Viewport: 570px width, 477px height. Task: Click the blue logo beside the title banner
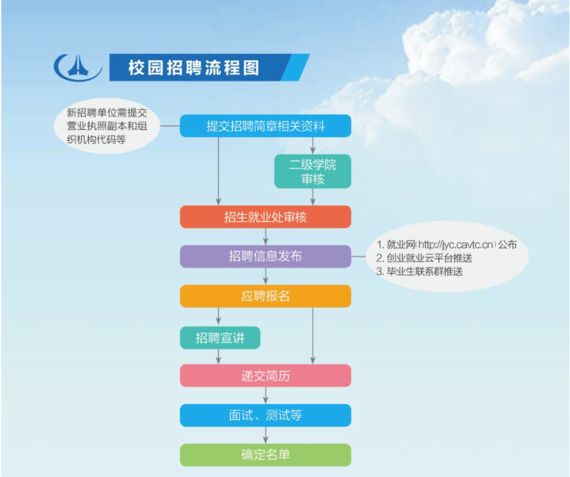coord(78,68)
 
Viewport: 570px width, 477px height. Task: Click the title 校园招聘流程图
coord(193,68)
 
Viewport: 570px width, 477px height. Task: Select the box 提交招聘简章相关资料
coord(266,126)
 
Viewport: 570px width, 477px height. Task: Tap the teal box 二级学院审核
coord(313,172)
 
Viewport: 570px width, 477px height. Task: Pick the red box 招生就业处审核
coord(266,217)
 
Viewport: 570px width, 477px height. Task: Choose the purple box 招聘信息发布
coord(266,256)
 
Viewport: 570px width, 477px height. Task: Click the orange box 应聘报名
coord(266,296)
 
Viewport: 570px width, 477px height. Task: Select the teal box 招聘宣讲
coord(220,338)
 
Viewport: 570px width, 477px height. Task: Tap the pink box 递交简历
coord(266,376)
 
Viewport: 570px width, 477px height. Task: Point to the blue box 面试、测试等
coord(266,415)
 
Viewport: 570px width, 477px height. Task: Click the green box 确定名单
coord(266,455)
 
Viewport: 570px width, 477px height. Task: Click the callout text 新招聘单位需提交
coord(107,113)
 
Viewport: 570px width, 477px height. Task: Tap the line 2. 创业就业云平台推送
coord(424,258)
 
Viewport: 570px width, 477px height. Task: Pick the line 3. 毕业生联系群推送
coord(419,272)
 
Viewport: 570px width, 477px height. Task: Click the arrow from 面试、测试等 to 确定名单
coord(266,435)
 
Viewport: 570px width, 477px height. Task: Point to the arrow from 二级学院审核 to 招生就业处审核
coord(313,197)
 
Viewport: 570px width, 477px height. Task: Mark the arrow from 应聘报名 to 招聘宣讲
coord(219,316)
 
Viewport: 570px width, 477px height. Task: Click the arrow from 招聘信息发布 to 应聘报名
coord(266,276)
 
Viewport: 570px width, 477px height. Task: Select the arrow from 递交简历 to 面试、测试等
coord(266,395)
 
